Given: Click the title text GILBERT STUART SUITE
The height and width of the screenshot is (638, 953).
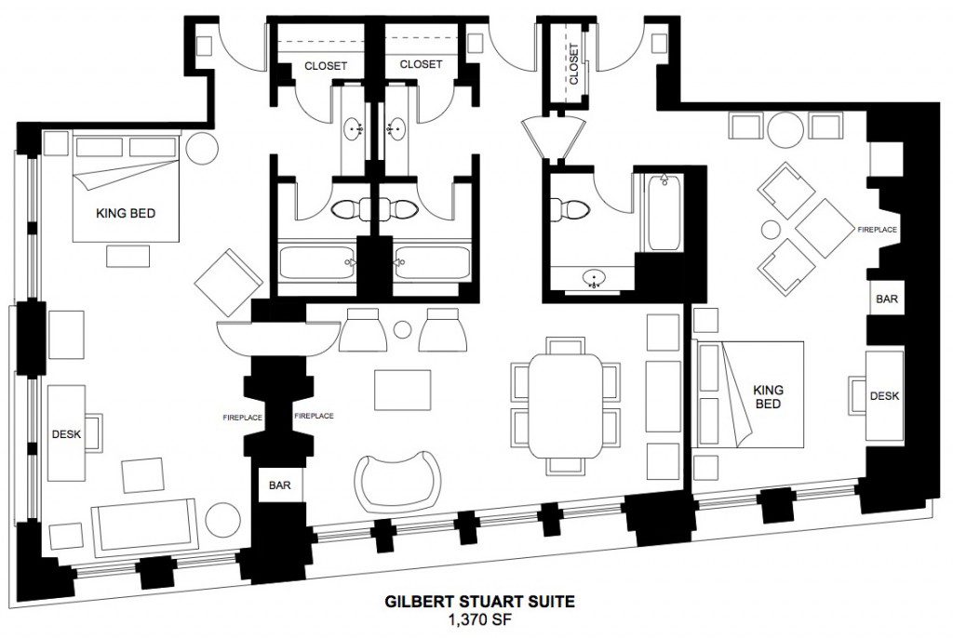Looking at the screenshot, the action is [x=479, y=602].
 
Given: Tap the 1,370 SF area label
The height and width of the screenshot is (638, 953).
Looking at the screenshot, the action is [x=479, y=619].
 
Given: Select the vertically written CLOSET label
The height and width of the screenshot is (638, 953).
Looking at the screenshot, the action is [x=574, y=64].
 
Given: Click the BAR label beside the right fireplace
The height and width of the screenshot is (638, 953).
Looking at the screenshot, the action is [x=887, y=299].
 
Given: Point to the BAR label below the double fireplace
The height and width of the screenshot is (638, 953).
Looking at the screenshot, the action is [x=279, y=485].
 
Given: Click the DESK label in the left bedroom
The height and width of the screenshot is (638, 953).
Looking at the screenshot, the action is [x=66, y=434].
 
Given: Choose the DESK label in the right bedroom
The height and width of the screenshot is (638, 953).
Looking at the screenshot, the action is [x=884, y=396].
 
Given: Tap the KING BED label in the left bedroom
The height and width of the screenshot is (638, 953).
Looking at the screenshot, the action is [x=126, y=213].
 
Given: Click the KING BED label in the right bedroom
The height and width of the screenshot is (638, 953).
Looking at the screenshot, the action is [x=768, y=396].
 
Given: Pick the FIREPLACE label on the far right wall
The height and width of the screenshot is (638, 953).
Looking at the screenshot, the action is [x=877, y=230].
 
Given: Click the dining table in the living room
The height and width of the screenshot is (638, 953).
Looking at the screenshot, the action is [x=565, y=405].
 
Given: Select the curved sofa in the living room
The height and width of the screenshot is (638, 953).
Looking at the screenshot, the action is [x=397, y=481].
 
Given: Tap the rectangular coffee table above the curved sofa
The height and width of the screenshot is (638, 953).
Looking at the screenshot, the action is [x=402, y=390].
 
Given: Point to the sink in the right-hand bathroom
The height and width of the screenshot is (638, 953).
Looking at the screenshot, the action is [x=594, y=278].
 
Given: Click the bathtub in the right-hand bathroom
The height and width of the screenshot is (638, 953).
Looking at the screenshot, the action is [x=664, y=212].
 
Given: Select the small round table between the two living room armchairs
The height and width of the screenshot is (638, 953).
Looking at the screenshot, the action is [x=402, y=330].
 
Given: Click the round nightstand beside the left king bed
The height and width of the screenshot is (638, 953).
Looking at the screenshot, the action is [x=202, y=148].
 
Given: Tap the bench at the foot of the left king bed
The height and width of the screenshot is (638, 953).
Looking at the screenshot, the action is [x=128, y=256].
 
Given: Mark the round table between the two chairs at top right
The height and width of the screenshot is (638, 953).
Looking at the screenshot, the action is [x=785, y=129].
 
